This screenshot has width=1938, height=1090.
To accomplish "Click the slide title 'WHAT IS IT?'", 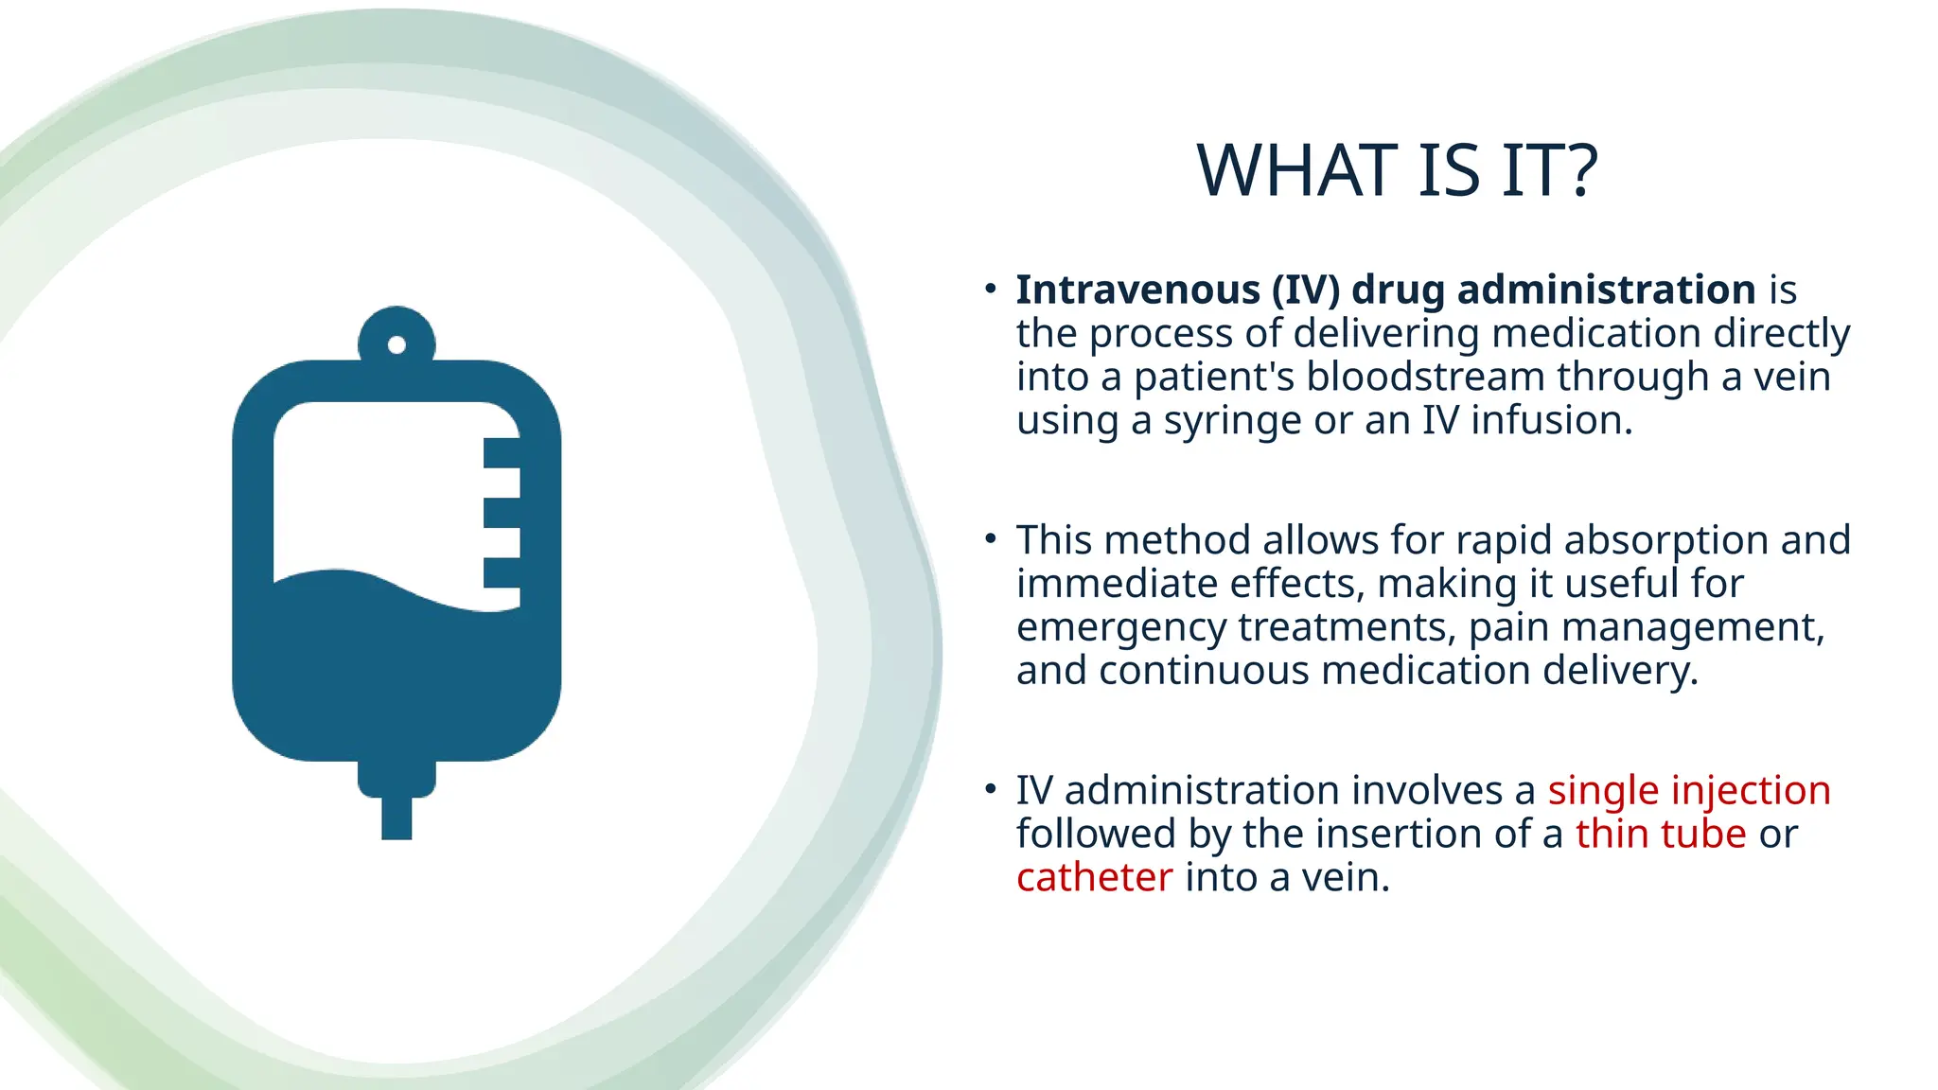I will pyautogui.click(x=1397, y=171).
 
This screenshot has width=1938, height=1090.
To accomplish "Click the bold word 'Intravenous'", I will pyautogui.click(x=1136, y=290).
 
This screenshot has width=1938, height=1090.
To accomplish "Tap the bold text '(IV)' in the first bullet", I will pyautogui.click(x=1306, y=290).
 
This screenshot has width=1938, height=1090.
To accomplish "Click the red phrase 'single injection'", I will pyautogui.click(x=1689, y=790).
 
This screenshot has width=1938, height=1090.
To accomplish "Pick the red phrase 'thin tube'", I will pyautogui.click(x=1661, y=834).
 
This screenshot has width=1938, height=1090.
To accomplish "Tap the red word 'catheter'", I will pyautogui.click(x=1094, y=877).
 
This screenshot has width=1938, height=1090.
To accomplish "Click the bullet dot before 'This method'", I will pyautogui.click(x=991, y=538).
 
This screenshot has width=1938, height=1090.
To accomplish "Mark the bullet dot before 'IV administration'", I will pyautogui.click(x=991, y=788).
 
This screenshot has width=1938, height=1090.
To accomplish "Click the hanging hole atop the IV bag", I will pyautogui.click(x=396, y=344).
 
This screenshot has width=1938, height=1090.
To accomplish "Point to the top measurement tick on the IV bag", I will pyautogui.click(x=502, y=452).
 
